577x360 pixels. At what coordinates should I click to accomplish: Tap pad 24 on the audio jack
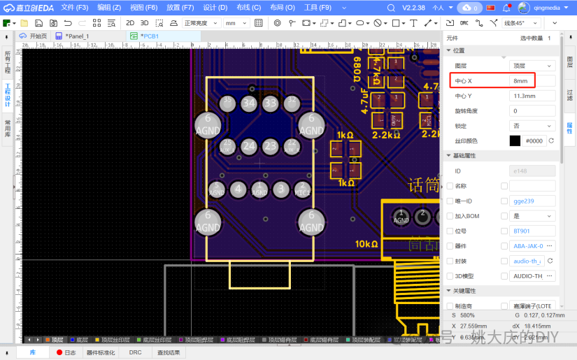pyautogui.click(x=248, y=146)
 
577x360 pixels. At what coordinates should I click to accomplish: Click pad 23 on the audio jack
pyautogui.click(x=270, y=146)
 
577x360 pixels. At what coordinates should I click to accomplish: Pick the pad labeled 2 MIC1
pyautogui.click(x=302, y=189)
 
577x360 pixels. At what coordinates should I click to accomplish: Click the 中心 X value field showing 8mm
pyautogui.click(x=532, y=81)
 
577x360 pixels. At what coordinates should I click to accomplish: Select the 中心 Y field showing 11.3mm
pyautogui.click(x=532, y=96)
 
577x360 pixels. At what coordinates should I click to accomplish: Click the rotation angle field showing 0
pyautogui.click(x=532, y=110)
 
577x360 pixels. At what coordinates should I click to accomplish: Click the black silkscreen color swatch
pyautogui.click(x=515, y=141)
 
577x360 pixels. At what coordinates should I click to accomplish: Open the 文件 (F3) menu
pyautogui.click(x=74, y=8)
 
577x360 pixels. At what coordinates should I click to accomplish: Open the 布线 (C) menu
pyautogui.click(x=248, y=8)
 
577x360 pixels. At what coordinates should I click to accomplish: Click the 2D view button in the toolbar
pyautogui.click(x=130, y=23)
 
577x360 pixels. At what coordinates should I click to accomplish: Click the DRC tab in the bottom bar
pyautogui.click(x=135, y=353)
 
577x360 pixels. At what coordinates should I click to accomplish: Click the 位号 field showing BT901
pyautogui.click(x=532, y=231)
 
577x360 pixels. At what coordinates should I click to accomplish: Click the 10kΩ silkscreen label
pyautogui.click(x=366, y=245)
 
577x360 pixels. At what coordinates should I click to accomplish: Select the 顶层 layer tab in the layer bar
pyautogui.click(x=53, y=340)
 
